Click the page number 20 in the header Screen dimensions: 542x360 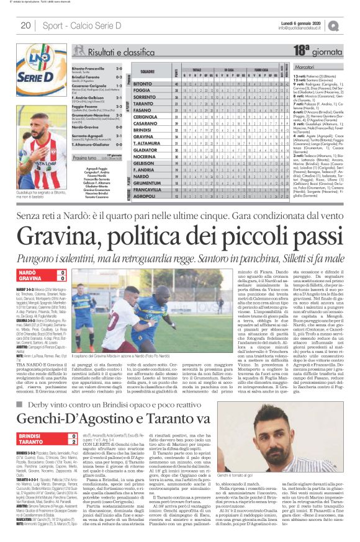pyautogui.click(x=25, y=25)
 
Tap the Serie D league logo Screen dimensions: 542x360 pyautogui.click(x=31, y=61)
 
